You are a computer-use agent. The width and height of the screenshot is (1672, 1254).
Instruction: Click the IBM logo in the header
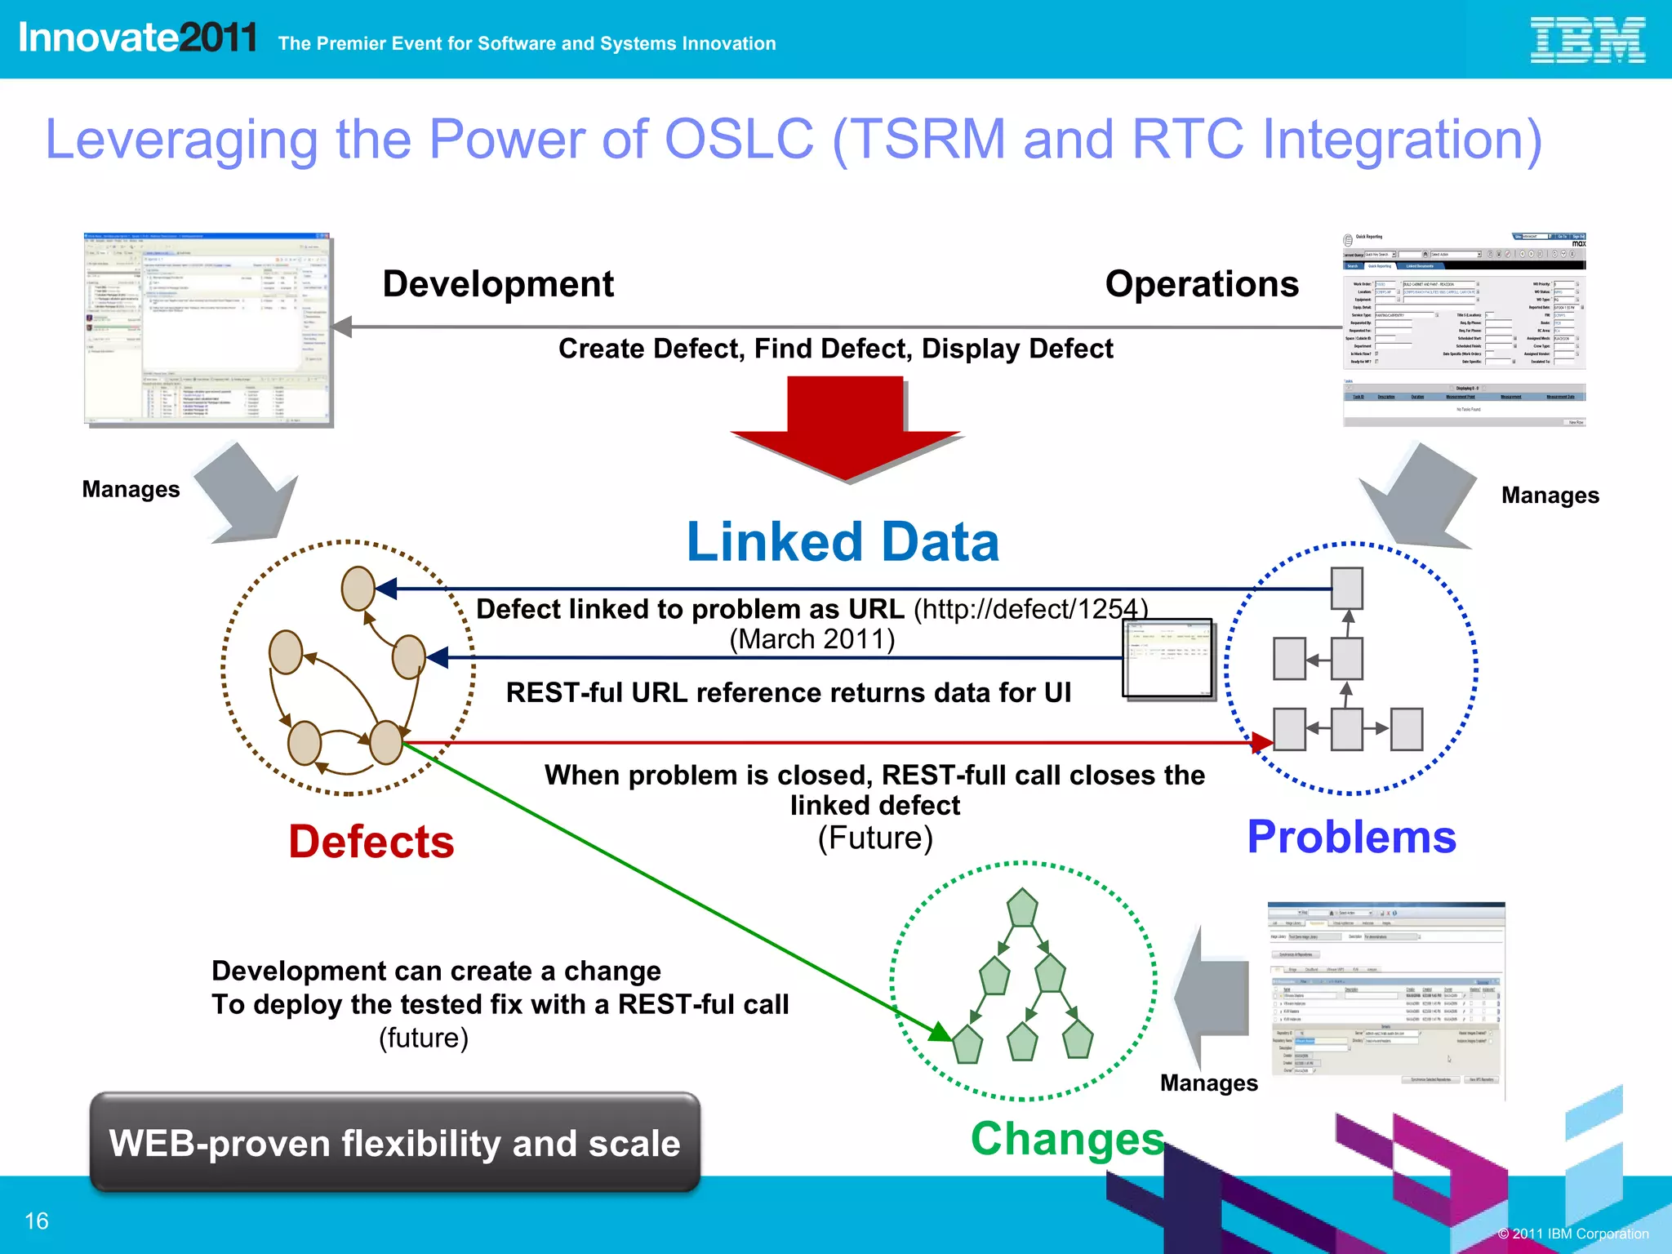[1586, 40]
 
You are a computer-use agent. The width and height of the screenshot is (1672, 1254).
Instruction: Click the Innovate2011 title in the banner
[137, 38]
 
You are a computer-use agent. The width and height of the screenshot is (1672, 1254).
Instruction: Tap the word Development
[498, 284]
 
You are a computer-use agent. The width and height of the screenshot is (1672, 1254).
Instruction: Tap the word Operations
[1201, 284]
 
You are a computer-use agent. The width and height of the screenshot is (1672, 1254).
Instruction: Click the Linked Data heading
[843, 542]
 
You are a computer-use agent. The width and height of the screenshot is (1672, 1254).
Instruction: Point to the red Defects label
[371, 842]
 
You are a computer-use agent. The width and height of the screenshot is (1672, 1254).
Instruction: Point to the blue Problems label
[1351, 837]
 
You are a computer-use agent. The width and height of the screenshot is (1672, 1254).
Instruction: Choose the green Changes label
[1067, 1138]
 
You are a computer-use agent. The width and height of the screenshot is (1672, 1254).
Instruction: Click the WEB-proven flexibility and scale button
[395, 1143]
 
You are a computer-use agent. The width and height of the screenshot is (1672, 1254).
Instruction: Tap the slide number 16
[37, 1221]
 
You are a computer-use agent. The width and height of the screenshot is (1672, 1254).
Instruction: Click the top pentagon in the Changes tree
[1022, 908]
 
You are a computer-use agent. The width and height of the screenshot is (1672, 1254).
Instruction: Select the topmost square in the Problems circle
[1346, 589]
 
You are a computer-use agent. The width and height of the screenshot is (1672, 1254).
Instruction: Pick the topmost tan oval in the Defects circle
[358, 588]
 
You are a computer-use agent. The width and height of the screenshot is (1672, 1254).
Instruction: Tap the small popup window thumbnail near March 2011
[1167, 658]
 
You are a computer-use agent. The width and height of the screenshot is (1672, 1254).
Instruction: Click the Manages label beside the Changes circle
[1208, 1083]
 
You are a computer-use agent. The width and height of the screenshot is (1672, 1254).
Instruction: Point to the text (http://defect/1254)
[1030, 609]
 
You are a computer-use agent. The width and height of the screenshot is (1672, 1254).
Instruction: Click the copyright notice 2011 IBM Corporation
[1573, 1234]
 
